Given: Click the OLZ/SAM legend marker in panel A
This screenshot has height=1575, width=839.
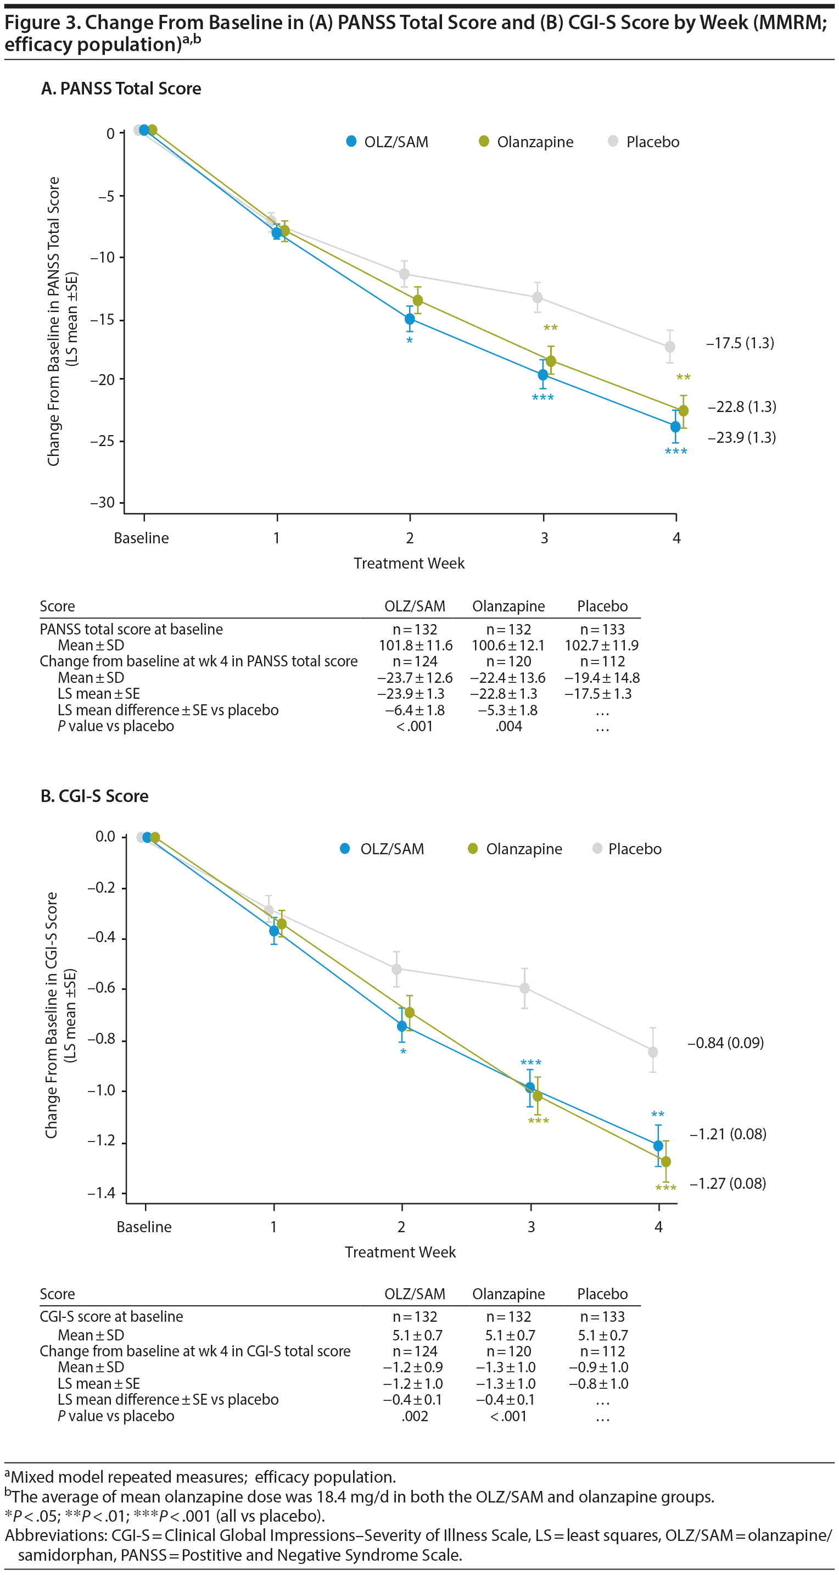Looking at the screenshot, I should click(351, 142).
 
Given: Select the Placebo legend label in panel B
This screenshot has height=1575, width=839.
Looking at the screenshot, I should click(634, 849).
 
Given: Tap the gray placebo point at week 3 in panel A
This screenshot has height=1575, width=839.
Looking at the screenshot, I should click(537, 298).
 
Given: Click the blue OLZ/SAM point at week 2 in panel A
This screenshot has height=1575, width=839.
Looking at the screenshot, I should click(410, 319).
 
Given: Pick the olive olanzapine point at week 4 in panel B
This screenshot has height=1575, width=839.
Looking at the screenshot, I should click(666, 1161).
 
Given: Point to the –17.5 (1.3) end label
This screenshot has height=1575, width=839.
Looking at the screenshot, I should click(740, 343).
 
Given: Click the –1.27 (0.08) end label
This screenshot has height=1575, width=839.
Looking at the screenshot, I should click(728, 1183).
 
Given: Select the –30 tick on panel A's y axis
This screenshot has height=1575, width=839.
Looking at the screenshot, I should click(103, 503).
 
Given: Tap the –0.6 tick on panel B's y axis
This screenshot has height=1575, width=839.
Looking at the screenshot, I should click(102, 988).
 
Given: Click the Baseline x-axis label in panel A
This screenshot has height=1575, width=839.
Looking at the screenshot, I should click(141, 538).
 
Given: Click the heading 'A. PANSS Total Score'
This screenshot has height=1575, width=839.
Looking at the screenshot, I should click(121, 88).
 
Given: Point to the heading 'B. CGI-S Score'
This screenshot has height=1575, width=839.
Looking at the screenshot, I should click(94, 796).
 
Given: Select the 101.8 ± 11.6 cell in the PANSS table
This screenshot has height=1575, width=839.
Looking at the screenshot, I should click(416, 645).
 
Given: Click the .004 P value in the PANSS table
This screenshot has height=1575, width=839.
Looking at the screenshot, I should click(509, 726).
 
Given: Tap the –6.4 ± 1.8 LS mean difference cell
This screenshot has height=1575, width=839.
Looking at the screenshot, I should click(415, 710).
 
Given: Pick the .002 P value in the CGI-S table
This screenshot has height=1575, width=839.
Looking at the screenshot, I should click(415, 1416).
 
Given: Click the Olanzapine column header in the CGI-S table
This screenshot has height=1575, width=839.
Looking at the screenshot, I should click(508, 1294).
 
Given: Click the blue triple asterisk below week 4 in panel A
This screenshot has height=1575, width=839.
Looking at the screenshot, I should click(676, 452).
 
